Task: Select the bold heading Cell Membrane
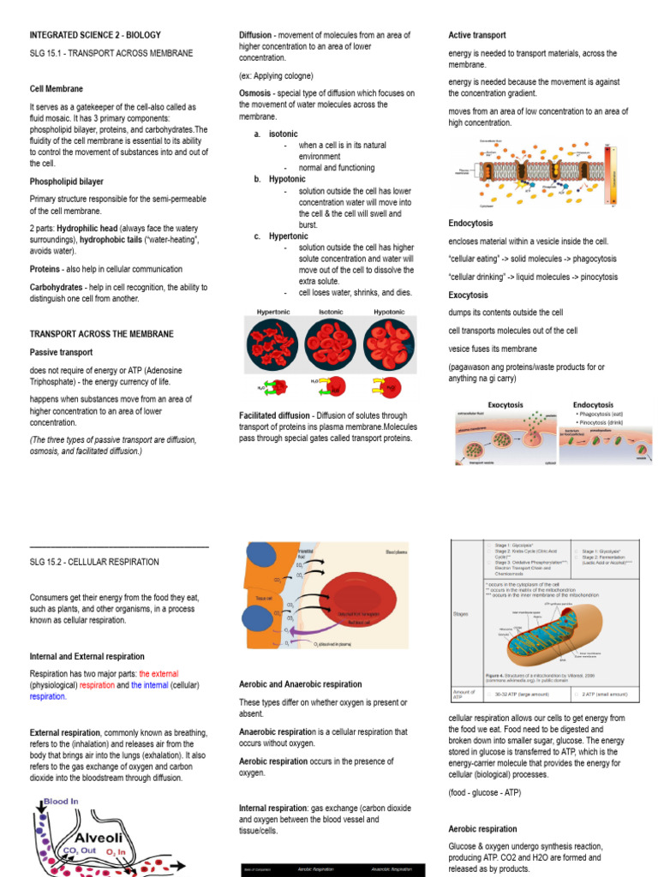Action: [57, 88]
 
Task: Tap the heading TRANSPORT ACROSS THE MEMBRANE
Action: [102, 333]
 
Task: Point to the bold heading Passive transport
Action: [62, 352]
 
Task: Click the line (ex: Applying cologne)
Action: [276, 75]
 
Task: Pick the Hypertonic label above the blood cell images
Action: [273, 312]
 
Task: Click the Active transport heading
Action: [477, 35]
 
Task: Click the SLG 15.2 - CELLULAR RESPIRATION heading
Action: [94, 562]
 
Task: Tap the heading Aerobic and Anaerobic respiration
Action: [300, 684]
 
